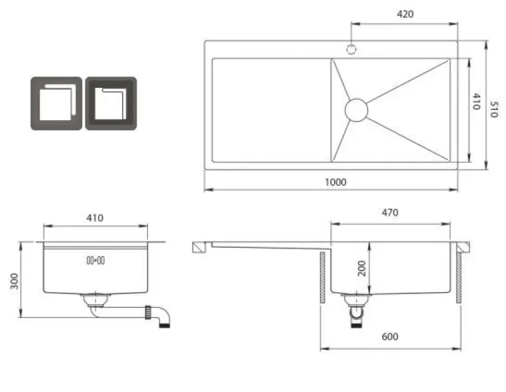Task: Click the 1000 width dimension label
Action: pos(335,182)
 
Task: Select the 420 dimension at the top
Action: pos(405,15)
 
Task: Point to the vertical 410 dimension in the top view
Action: pos(476,102)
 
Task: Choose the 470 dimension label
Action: pos(390,213)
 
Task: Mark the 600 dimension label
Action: pos(390,336)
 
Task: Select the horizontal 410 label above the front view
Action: pos(94,218)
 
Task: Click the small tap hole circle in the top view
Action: pos(351,48)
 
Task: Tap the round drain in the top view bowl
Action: pos(356,110)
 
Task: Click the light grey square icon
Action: pos(56,104)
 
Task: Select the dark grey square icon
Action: pos(111,104)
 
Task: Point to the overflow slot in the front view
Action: pos(96,260)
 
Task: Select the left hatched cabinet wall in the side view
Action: pos(323,277)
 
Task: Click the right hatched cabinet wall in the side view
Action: pos(459,277)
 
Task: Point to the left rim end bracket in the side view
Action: pos(200,247)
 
